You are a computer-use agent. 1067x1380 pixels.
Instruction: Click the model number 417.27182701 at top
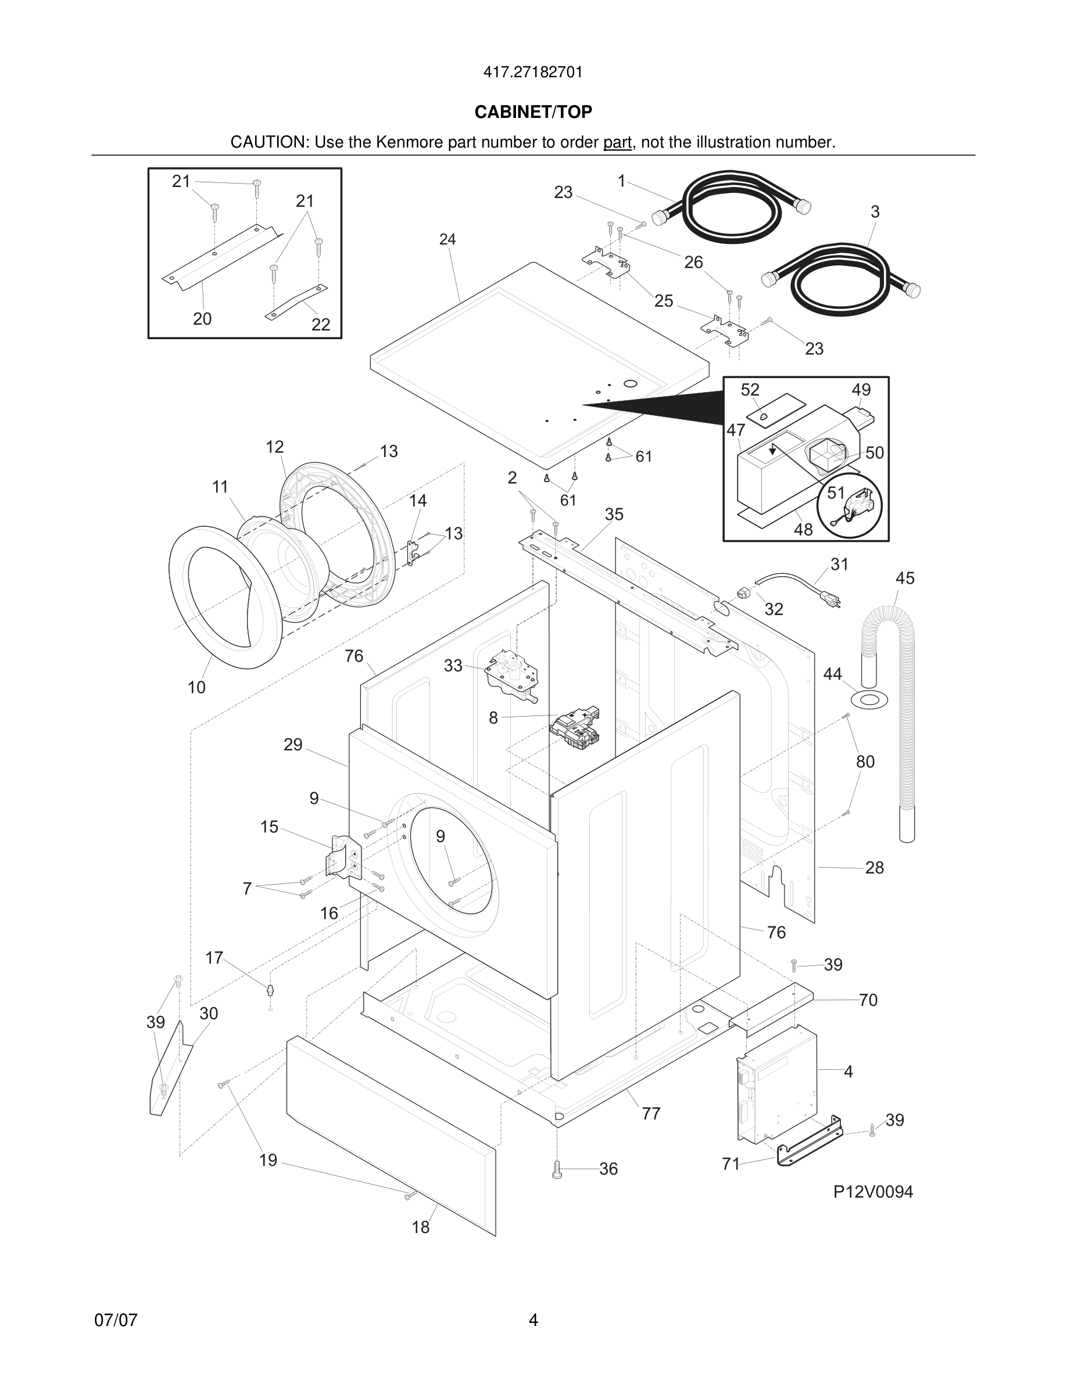point(533,73)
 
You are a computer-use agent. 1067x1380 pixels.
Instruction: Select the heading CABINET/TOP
point(533,112)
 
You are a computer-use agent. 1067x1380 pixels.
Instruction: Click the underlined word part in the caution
point(617,143)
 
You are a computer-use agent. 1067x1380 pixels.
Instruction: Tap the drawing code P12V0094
point(872,1192)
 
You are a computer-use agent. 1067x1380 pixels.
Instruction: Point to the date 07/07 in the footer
point(116,1321)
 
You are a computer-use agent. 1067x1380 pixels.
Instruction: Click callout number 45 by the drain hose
point(904,578)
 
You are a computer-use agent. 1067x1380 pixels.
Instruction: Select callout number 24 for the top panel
point(447,239)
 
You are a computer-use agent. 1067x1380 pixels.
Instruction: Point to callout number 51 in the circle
point(836,493)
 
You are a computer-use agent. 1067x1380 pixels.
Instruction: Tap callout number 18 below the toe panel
point(420,1228)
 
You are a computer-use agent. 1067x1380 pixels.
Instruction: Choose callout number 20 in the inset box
point(202,319)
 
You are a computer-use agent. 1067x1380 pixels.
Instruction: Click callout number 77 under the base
point(651,1114)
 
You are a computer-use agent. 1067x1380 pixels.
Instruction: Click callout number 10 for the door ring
point(196,688)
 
